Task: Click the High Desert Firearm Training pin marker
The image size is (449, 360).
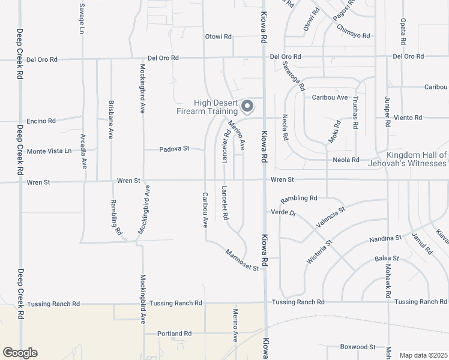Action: (247, 107)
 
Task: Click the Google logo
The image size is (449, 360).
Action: (20, 353)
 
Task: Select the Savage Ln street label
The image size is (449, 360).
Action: (82, 18)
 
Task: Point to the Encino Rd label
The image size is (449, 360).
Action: (41, 121)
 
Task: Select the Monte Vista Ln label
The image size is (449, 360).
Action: (49, 151)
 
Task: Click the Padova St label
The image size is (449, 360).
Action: (174, 148)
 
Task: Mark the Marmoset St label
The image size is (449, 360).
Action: (242, 260)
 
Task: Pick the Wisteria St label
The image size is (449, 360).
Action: (319, 252)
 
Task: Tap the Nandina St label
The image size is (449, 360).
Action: (386, 238)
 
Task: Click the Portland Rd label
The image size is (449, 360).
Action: (174, 334)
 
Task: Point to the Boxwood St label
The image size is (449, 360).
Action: (357, 347)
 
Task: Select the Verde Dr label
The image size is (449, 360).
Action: (284, 213)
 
